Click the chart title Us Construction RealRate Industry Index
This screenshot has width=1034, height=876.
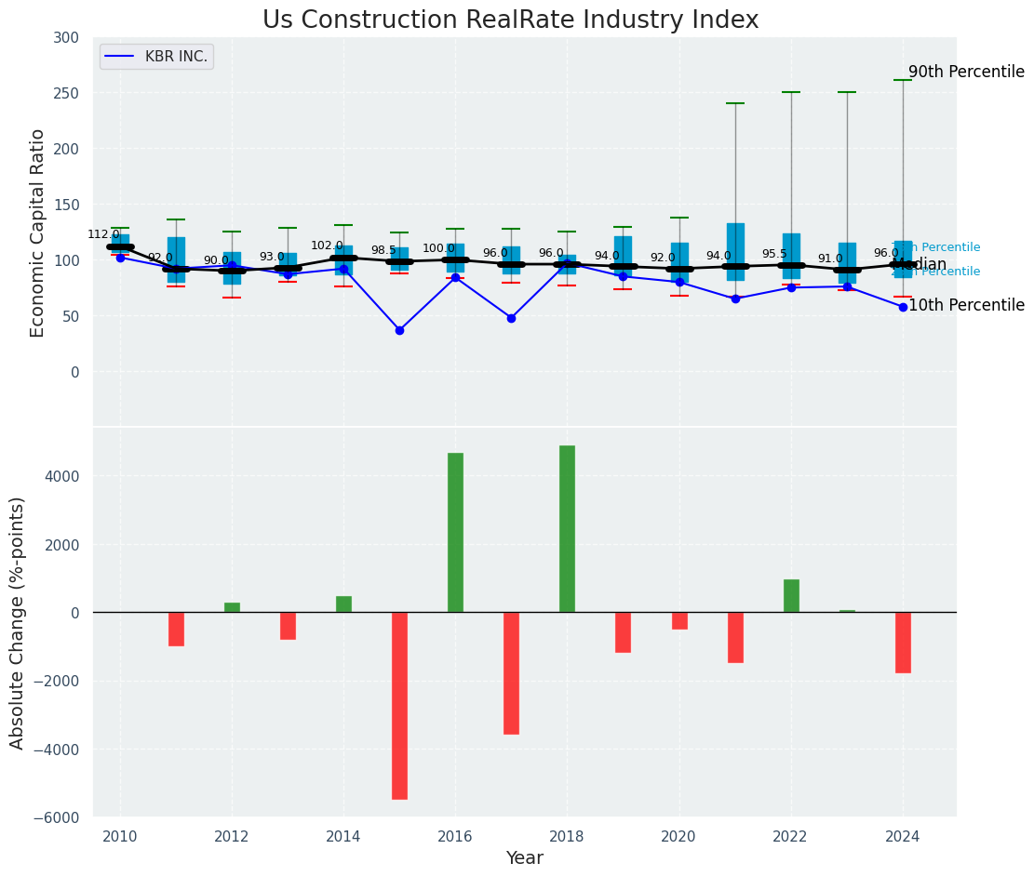(510, 20)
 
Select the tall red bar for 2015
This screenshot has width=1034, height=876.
(399, 705)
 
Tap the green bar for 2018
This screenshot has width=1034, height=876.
(567, 528)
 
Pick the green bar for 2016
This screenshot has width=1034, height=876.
(455, 532)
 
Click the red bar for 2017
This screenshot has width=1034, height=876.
(511, 672)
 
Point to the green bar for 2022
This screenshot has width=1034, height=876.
(791, 595)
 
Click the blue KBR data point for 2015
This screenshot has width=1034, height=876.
(399, 330)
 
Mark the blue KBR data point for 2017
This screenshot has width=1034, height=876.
(511, 318)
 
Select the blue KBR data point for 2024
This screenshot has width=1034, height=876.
(902, 307)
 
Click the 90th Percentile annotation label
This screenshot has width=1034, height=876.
(966, 73)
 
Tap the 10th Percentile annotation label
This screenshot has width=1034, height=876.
(966, 305)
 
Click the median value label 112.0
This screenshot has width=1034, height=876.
(103, 235)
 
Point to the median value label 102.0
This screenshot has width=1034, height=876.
(327, 246)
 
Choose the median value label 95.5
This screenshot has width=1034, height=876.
(774, 254)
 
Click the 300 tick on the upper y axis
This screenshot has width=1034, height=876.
(67, 37)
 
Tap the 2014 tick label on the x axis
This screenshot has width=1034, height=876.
(343, 837)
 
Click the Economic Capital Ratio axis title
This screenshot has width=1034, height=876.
(38, 232)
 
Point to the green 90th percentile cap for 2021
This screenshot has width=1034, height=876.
(735, 103)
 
